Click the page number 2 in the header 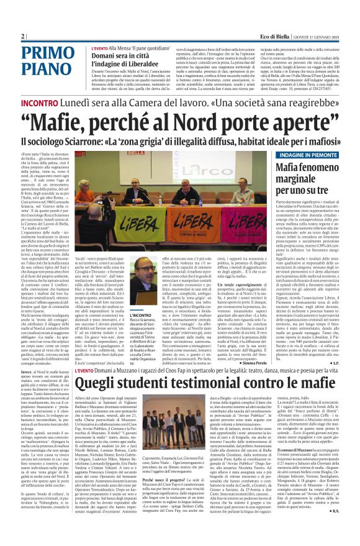point(23,36)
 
